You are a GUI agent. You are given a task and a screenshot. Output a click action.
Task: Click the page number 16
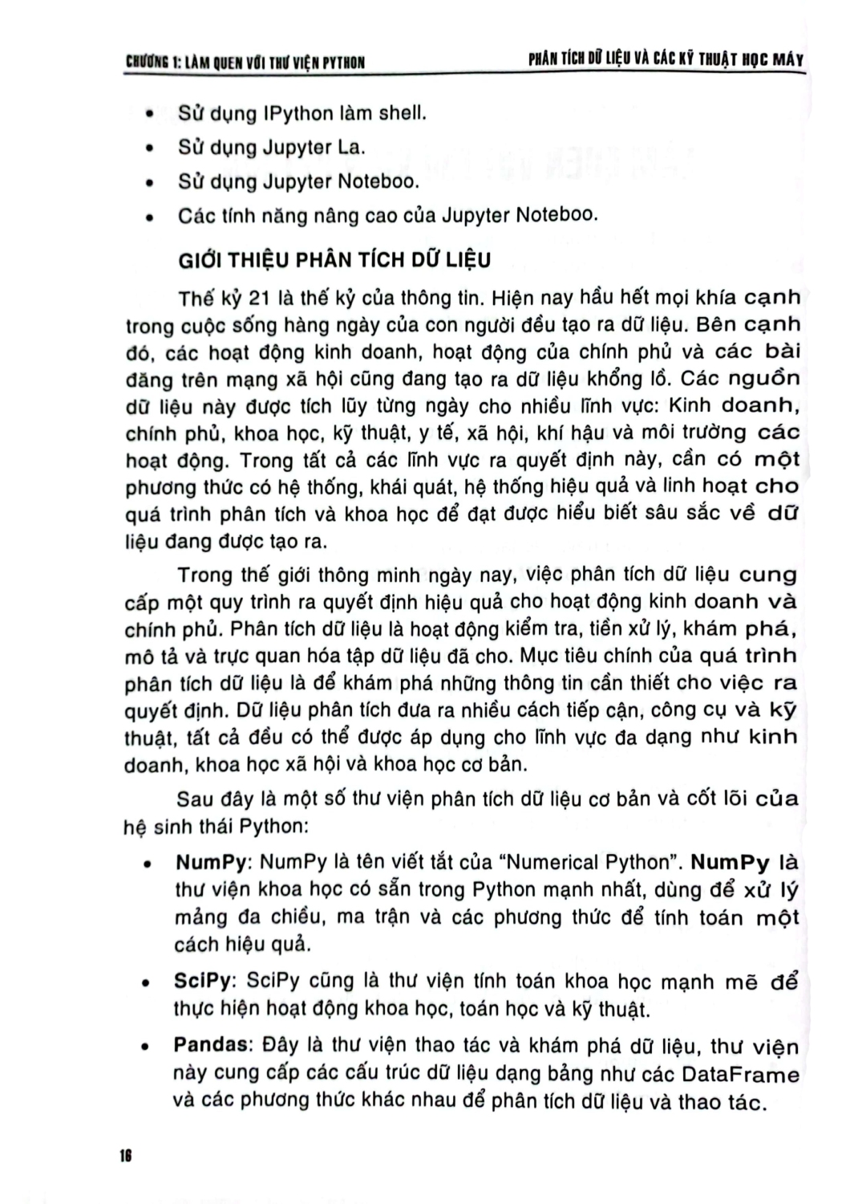click(x=125, y=1156)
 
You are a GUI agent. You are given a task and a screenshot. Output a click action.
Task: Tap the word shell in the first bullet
click(x=401, y=113)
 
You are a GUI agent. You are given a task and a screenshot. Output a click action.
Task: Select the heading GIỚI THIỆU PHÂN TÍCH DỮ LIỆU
click(x=334, y=261)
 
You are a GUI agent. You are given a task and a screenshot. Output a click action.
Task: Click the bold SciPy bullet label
click(x=203, y=981)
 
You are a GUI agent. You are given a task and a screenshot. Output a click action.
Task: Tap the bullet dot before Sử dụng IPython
click(x=148, y=115)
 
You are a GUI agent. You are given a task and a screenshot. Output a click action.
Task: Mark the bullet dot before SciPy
click(x=147, y=982)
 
